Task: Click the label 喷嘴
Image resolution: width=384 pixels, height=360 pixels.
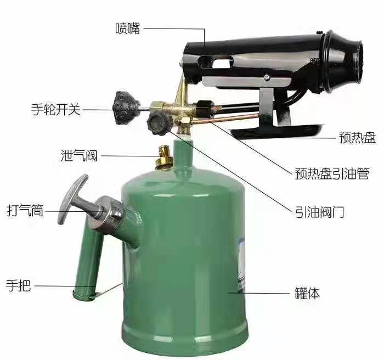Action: click(x=128, y=28)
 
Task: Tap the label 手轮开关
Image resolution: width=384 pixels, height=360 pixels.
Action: click(x=56, y=109)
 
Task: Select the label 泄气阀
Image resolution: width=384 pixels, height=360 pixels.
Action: click(x=79, y=155)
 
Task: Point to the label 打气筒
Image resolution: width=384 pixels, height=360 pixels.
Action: click(x=25, y=210)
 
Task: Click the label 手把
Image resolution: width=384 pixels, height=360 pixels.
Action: click(x=18, y=285)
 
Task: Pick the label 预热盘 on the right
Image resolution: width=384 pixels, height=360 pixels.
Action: click(x=357, y=137)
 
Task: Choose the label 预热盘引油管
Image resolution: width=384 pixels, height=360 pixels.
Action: click(x=332, y=173)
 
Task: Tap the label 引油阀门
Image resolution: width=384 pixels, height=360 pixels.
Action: click(x=320, y=212)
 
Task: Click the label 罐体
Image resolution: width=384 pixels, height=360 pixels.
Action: click(x=307, y=293)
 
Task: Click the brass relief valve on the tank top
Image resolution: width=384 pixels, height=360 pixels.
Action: click(x=163, y=157)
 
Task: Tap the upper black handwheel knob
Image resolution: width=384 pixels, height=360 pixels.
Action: click(x=126, y=108)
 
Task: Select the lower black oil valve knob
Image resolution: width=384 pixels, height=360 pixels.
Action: click(x=159, y=123)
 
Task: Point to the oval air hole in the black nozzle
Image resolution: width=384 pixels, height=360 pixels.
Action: click(x=215, y=61)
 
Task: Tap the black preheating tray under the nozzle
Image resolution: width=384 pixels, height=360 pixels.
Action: click(x=276, y=131)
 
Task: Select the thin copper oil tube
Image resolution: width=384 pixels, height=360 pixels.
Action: click(x=224, y=119)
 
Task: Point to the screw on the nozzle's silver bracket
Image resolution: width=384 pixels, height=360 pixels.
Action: click(x=267, y=77)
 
